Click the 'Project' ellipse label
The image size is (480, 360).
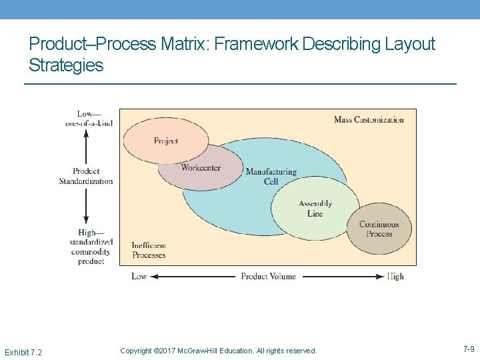click(166, 141)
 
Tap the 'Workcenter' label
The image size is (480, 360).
click(201, 168)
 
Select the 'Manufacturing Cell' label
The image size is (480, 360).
click(271, 177)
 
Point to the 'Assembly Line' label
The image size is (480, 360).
click(315, 209)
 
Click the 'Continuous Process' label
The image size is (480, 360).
click(379, 229)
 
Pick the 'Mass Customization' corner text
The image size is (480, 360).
click(369, 120)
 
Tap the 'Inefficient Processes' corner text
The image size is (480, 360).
click(149, 250)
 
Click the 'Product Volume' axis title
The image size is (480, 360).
click(268, 276)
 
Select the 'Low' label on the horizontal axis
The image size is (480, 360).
click(139, 276)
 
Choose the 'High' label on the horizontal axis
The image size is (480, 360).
click(395, 276)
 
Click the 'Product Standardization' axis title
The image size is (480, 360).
click(86, 176)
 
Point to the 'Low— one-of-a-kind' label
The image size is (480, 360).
click(89, 118)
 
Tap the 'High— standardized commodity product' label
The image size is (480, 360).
click(91, 247)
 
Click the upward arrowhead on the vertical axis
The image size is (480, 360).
click(86, 133)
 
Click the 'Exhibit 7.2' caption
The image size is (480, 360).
click(23, 351)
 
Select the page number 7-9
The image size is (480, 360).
click(469, 349)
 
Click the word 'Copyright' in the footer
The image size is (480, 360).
click(135, 351)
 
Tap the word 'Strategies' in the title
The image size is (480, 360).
click(66, 65)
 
